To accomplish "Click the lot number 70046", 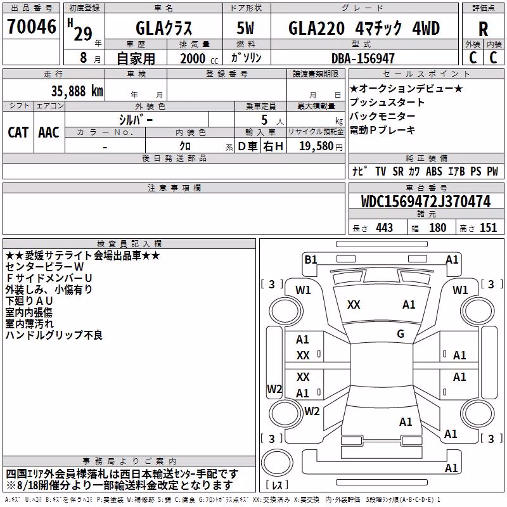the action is (32, 27).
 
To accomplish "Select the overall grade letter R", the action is (483, 29).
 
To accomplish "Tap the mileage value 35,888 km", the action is (77, 91).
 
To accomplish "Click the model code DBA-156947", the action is (363, 58).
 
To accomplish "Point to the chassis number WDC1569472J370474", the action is (426, 202).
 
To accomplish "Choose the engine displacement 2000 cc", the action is (199, 58).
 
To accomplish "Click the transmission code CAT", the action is (18, 132).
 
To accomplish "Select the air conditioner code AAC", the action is (49, 132).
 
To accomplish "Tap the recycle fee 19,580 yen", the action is (321, 146).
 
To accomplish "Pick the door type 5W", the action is (245, 28).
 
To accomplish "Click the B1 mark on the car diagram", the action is (311, 260).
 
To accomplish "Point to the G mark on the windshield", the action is (401, 333).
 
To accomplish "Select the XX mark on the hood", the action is (354, 305).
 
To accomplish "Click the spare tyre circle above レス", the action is (277, 463).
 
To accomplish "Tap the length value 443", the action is (385, 228).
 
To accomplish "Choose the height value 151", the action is (488, 228).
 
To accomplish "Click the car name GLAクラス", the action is (164, 28).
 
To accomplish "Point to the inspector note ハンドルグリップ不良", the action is (54, 335).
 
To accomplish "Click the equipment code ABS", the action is (434, 171).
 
